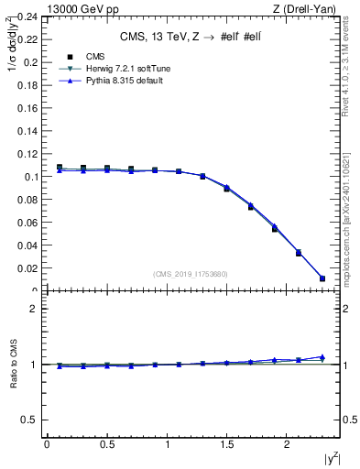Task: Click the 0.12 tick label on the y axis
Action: [x=27, y=153]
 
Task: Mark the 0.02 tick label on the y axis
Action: [x=27, y=268]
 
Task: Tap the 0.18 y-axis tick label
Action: [x=27, y=84]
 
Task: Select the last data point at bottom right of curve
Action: [x=322, y=278]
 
